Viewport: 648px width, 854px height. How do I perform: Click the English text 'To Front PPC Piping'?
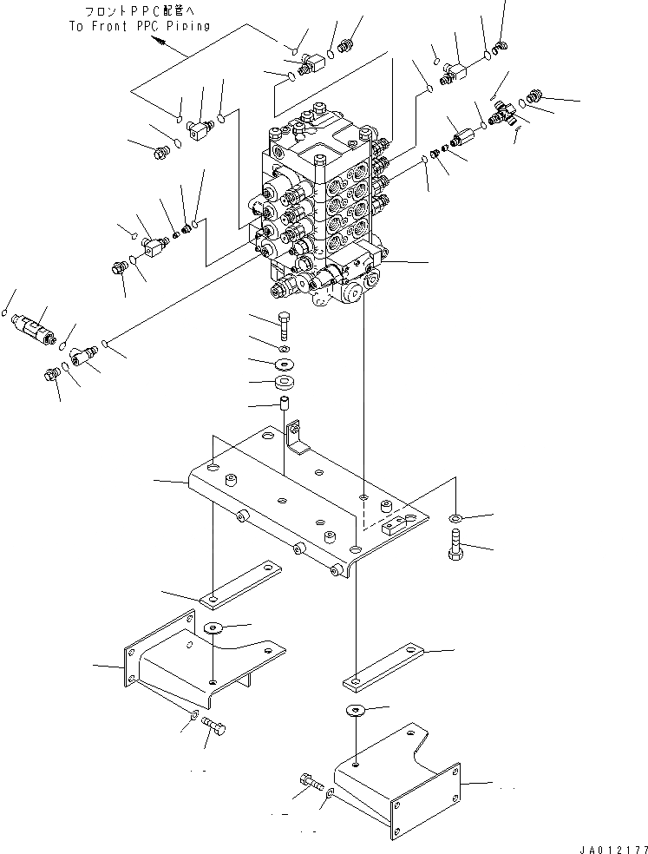pyautogui.click(x=140, y=26)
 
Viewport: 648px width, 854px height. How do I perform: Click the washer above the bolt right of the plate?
pyautogui.click(x=455, y=519)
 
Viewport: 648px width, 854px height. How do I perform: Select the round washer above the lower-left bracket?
pyautogui.click(x=213, y=627)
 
